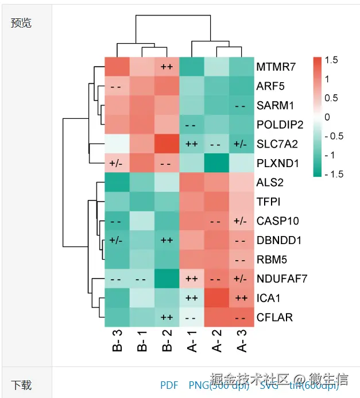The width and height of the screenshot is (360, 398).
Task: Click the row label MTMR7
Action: pyautogui.click(x=276, y=67)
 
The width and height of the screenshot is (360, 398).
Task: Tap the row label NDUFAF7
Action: pyautogui.click(x=282, y=279)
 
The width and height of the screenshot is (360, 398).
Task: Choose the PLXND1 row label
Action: pyautogui.click(x=278, y=163)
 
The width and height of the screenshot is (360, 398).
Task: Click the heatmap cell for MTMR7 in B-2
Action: pyautogui.click(x=167, y=67)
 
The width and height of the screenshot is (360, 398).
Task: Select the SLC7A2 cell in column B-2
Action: pyautogui.click(x=167, y=144)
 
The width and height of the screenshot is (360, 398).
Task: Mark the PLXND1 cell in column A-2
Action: pyautogui.click(x=216, y=163)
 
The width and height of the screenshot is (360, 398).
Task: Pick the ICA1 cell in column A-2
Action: pyautogui.click(x=216, y=298)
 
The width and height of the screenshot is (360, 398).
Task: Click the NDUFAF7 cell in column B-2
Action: pyautogui.click(x=167, y=279)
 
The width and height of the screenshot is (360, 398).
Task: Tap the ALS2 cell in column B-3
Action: pyautogui.click(x=117, y=183)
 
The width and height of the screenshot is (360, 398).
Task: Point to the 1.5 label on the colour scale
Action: pyautogui.click(x=331, y=60)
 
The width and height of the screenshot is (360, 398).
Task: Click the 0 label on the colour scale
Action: pyautogui.click(x=327, y=117)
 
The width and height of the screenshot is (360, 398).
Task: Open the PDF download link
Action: pyautogui.click(x=169, y=385)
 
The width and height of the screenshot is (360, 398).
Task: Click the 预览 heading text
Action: pyautogui.click(x=21, y=23)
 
